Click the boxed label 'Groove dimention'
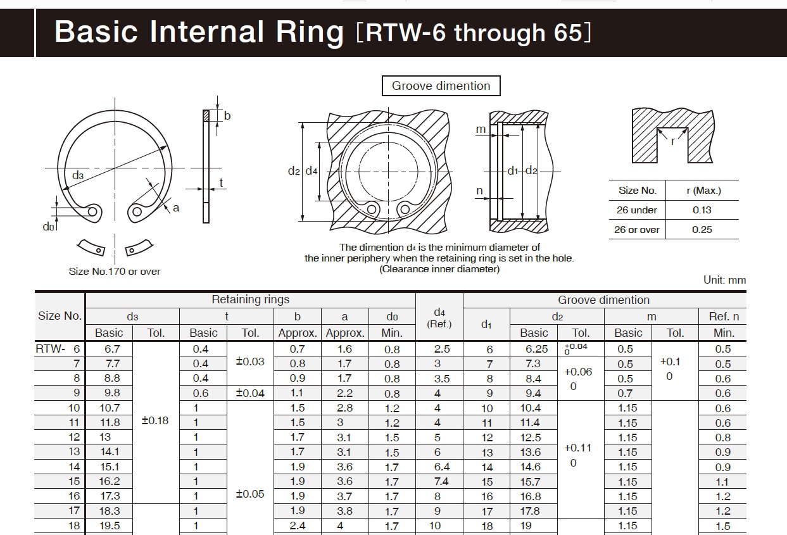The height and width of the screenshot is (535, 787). [x=441, y=86]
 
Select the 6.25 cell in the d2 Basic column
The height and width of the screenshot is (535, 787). [x=534, y=349]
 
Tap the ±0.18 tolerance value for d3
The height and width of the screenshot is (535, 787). [x=154, y=420]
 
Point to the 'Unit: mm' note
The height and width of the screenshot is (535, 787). [x=724, y=280]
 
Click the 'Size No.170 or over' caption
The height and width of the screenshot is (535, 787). [x=115, y=272]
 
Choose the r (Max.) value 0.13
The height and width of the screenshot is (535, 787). [x=702, y=210]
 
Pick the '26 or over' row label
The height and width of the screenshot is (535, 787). [x=636, y=230]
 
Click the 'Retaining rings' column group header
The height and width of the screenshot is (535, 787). [x=250, y=300]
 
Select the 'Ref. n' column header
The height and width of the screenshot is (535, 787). [x=723, y=316]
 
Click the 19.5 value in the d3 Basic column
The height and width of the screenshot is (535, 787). [x=109, y=526]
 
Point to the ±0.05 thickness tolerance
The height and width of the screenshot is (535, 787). [x=249, y=494]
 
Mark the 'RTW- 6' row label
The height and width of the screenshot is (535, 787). [x=58, y=349]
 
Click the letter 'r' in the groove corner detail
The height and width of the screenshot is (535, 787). [x=672, y=141]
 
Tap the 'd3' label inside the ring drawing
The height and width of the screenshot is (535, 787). [x=77, y=175]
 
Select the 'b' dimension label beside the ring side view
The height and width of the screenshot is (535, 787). [x=227, y=116]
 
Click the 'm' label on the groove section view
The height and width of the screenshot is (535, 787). [x=481, y=130]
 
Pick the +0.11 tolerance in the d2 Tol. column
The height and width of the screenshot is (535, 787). [x=577, y=448]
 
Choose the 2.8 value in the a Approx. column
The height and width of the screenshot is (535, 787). [x=345, y=408]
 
